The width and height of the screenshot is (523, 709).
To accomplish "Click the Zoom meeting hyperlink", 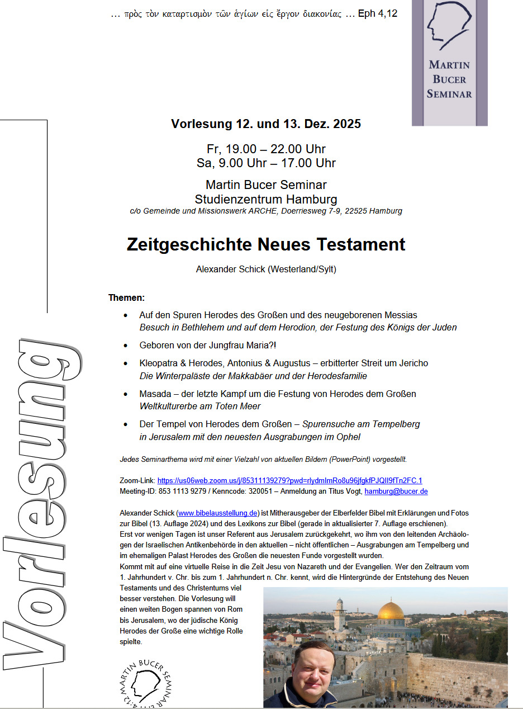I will pyautogui.click(x=289, y=480).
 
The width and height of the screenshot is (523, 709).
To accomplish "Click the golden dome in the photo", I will pyautogui.click(x=391, y=611).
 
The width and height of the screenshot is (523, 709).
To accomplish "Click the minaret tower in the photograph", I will pyautogui.click(x=340, y=613).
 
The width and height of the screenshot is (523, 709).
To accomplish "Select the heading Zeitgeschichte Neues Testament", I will pyautogui.click(x=266, y=244).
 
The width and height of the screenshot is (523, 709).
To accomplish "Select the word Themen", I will pyautogui.click(x=126, y=297).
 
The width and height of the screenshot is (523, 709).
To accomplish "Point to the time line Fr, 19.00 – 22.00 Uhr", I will pyautogui.click(x=266, y=149).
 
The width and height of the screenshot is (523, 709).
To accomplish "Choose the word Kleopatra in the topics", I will pyautogui.click(x=160, y=363).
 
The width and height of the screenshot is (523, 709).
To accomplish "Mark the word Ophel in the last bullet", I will pyautogui.click(x=348, y=436).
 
